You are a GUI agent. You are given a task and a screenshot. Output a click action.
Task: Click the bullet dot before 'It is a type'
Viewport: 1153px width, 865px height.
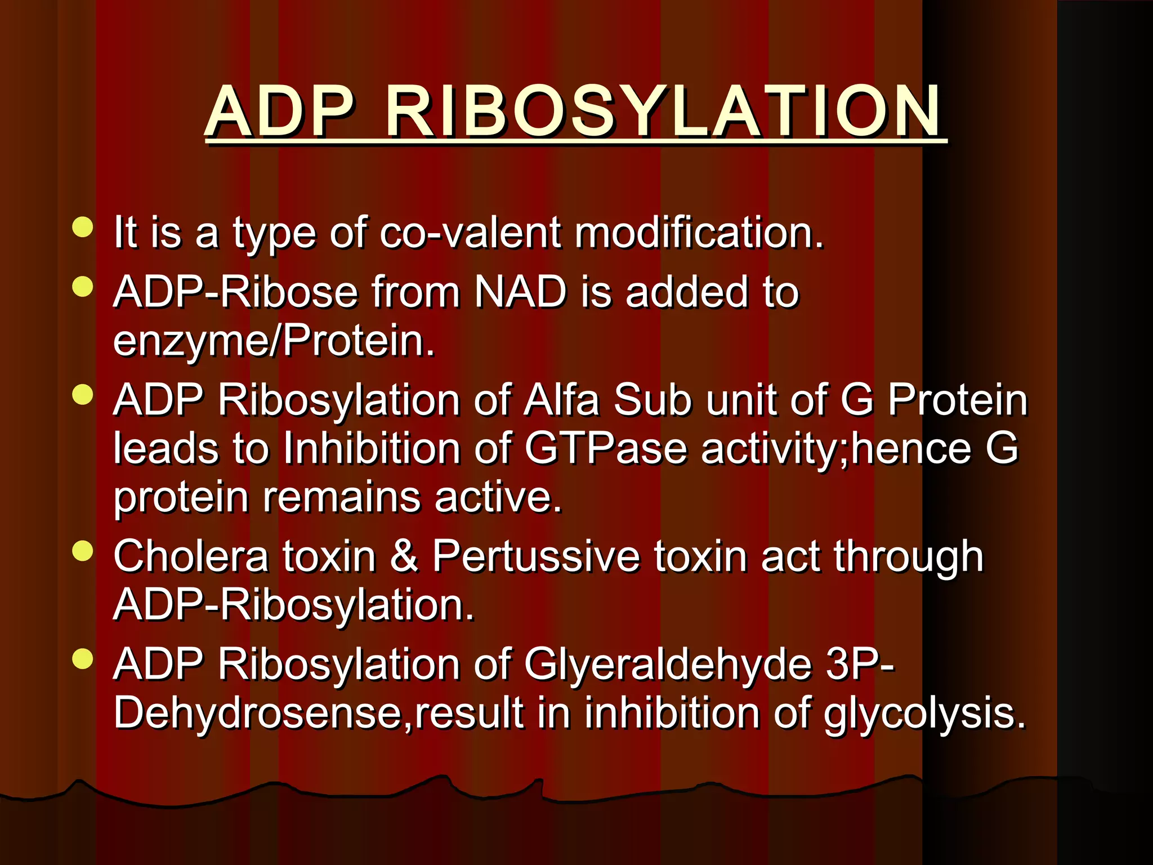(83, 228)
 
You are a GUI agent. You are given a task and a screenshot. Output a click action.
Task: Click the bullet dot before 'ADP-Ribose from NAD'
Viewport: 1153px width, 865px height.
(83, 287)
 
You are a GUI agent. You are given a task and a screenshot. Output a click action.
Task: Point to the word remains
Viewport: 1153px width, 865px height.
(342, 497)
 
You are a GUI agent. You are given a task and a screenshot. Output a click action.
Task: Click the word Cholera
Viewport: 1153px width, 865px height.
(191, 556)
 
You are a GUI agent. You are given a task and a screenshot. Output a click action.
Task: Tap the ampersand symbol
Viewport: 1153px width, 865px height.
(404, 556)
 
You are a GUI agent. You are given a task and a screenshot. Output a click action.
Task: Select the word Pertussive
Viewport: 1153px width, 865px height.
(536, 556)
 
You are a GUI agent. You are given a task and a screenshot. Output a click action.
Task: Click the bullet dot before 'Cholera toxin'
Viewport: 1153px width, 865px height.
(83, 552)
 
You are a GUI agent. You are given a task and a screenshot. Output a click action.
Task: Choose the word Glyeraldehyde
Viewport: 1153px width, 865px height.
(668, 665)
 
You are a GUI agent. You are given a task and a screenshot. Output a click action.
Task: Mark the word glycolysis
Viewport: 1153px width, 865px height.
(924, 714)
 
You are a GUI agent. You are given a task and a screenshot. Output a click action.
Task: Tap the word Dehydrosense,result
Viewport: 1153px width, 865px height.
(319, 714)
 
